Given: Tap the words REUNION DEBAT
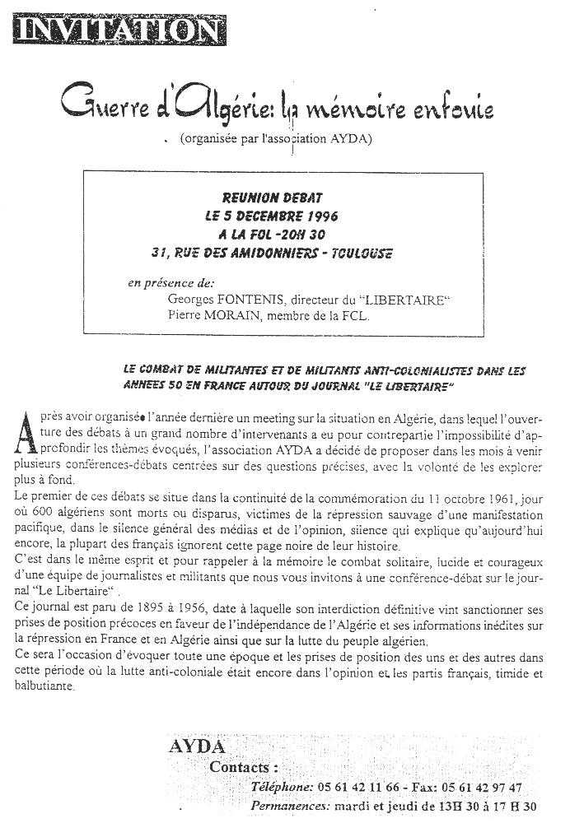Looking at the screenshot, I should [x=272, y=198].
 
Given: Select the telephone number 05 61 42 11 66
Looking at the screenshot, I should [x=356, y=788].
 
